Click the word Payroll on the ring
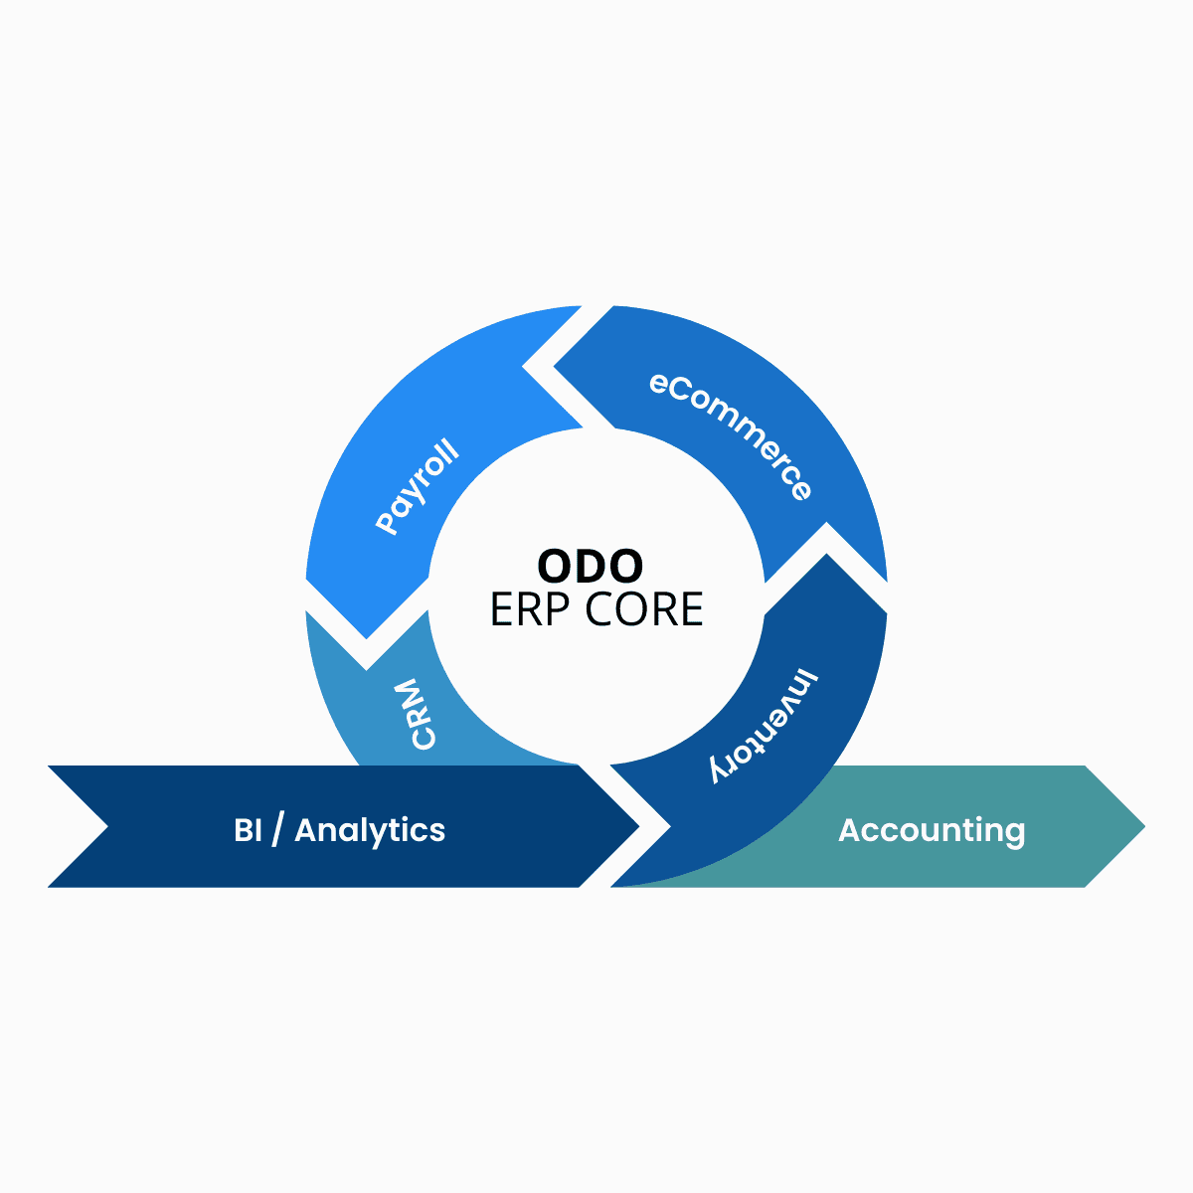(419, 486)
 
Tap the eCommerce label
(731, 435)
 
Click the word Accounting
(932, 830)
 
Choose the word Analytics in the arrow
(370, 830)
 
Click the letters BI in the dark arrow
(248, 830)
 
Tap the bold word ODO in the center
(591, 567)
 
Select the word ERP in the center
(531, 609)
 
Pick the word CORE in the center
(644, 609)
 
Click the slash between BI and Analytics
(276, 830)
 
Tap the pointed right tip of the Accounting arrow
(1143, 826)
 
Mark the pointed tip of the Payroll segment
(367, 637)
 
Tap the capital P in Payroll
(387, 522)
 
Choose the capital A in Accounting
(850, 830)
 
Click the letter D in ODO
(591, 567)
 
